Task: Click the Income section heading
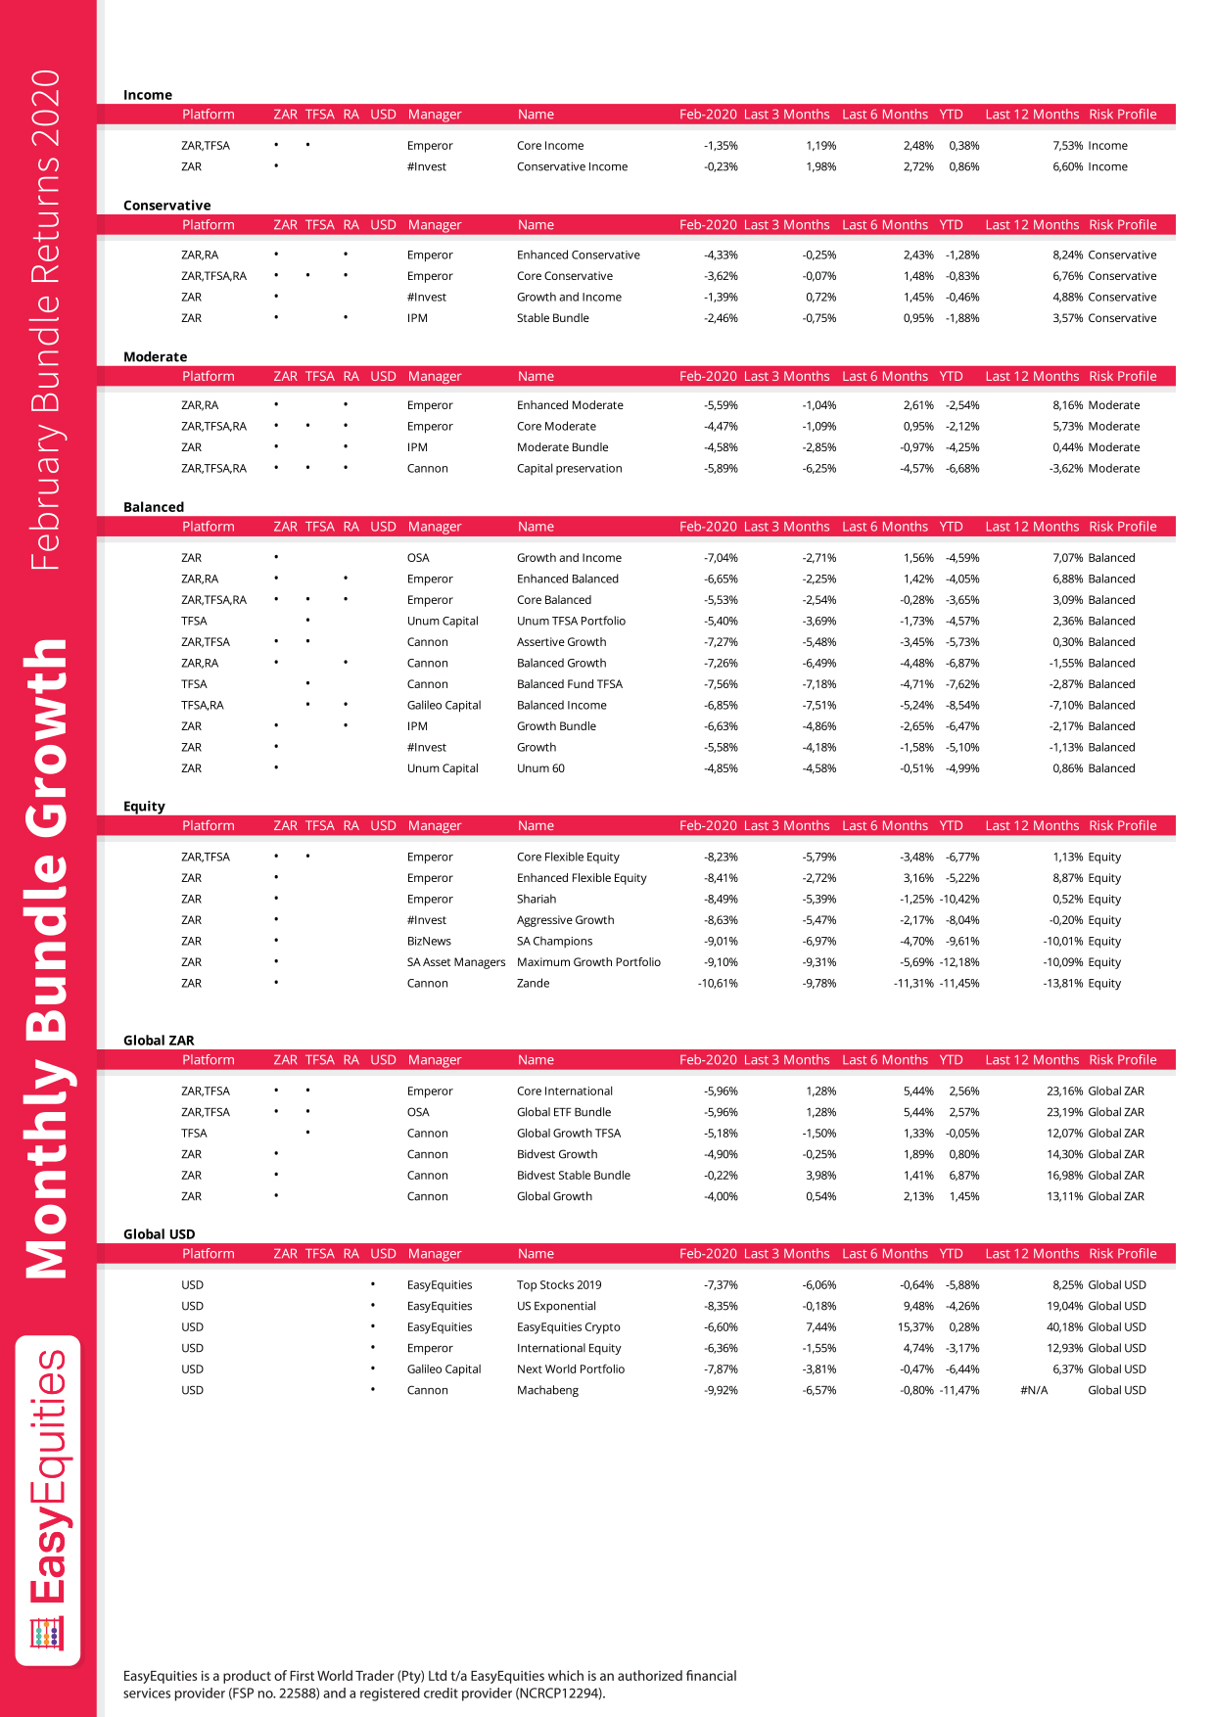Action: point(148,95)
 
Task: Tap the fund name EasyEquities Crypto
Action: point(568,1327)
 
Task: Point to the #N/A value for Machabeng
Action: point(1033,1391)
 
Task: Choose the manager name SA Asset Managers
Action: point(456,962)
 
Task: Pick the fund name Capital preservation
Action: point(569,469)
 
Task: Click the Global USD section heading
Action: point(159,1234)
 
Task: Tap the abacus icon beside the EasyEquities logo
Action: point(47,1634)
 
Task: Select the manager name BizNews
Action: point(429,942)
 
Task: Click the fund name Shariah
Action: point(537,900)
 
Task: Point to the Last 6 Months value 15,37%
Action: point(915,1327)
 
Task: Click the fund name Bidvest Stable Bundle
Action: point(573,1176)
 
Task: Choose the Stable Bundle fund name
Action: point(552,318)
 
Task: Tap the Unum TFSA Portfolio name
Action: point(571,622)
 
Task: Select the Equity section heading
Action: point(144,807)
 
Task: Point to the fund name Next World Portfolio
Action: point(570,1369)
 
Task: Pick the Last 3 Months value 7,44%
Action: point(820,1327)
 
